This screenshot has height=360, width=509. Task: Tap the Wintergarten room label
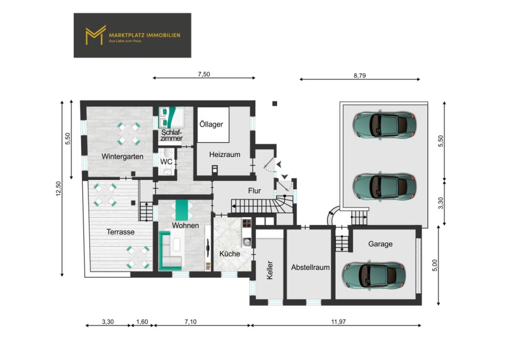pos(123,156)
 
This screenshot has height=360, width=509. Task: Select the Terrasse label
pos(121,232)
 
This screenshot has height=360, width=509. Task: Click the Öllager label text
pos(211,124)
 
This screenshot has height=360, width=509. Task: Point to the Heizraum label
pos(224,154)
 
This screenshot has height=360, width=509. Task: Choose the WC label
pos(166,162)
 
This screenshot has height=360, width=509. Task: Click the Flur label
pos(254,190)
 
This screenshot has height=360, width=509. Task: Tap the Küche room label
pos(229,254)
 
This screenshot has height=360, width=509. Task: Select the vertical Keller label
pos(270,269)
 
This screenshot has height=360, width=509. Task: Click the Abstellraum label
pos(310,267)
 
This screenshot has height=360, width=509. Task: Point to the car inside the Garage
pos(374,275)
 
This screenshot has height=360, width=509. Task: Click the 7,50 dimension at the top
pos(204,74)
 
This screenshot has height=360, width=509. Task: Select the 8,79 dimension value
pos(360,75)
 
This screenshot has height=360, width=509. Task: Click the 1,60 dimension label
pos(142,321)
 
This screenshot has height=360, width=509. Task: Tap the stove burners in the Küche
pos(247,224)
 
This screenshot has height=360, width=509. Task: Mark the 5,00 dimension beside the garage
pos(435,265)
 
